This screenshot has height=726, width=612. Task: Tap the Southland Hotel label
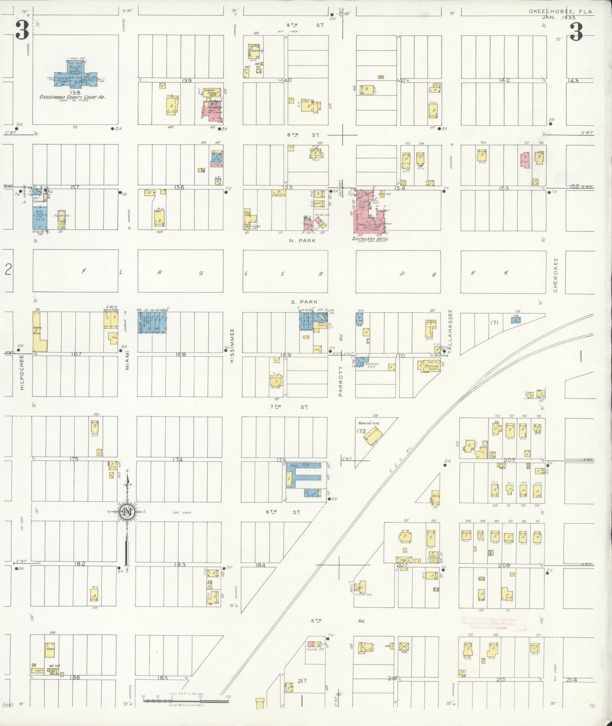(370, 239)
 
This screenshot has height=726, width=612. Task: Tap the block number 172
(361, 432)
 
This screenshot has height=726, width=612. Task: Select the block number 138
(72, 92)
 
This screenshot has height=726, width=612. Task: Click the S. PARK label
(301, 302)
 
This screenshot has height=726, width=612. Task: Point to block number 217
(302, 681)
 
